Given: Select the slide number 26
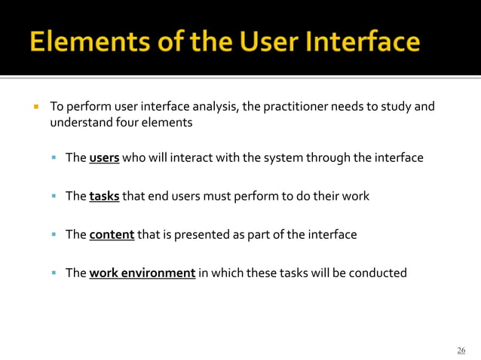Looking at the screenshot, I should pos(461,350).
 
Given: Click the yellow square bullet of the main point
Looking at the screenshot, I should pos(35,106).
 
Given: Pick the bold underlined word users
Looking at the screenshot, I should pos(104,158).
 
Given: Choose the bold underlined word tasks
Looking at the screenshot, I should pos(104,197).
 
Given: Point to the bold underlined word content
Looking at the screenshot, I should pos(112,234).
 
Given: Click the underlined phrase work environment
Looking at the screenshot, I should pos(142,273).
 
